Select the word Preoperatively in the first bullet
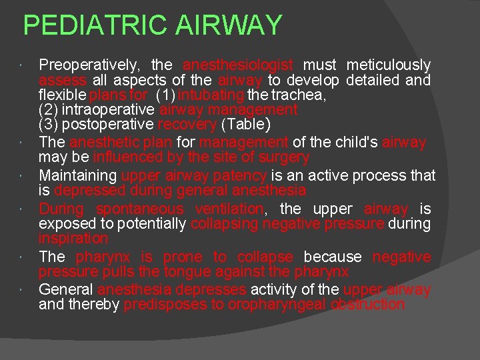(89, 65)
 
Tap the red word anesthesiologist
(238, 65)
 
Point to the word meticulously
(389, 65)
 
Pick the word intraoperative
(109, 110)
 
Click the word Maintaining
(77, 176)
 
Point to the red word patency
(243, 176)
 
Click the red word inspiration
(73, 239)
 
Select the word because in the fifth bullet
(333, 257)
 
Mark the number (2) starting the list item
(49, 110)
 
